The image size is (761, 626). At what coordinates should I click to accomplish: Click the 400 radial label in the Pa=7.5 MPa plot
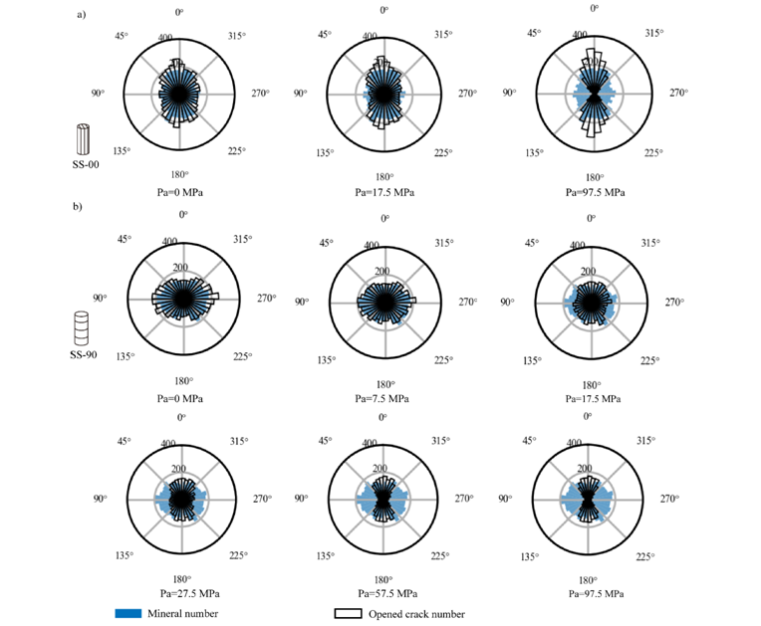(370, 243)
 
